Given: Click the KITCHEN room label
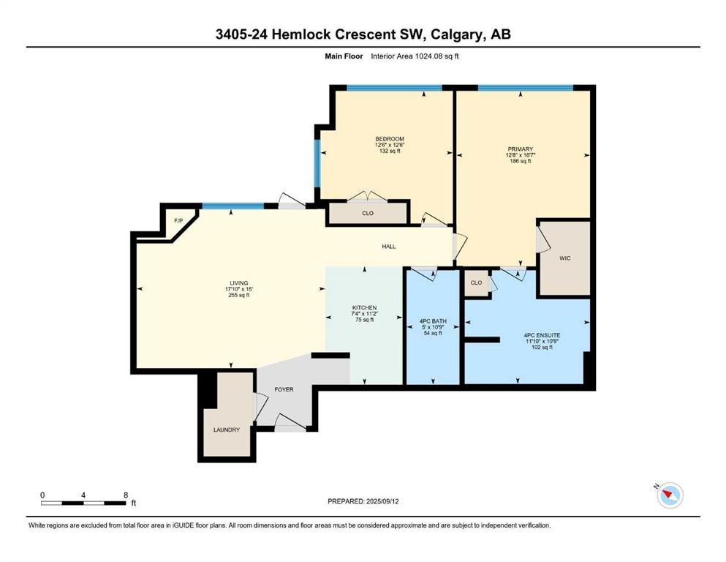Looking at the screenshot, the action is (x=364, y=307).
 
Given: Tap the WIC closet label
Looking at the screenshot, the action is (x=565, y=258).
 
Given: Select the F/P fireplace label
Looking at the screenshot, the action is (x=178, y=220).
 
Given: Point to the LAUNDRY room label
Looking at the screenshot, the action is (x=227, y=430).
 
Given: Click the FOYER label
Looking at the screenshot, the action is (x=284, y=389).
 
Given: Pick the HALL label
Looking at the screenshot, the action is (x=389, y=247).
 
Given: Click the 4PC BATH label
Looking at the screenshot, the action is (x=433, y=321).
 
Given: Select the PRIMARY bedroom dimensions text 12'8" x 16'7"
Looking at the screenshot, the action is (x=521, y=155).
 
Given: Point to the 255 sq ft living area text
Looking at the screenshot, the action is (x=239, y=295).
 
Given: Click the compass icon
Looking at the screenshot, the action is (x=670, y=495).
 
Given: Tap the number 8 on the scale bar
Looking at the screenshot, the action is (x=126, y=495).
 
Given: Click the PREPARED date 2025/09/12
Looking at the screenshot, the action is (x=382, y=501).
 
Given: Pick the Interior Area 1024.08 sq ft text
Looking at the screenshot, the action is (x=415, y=56).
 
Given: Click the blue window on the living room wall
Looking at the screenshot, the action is (x=233, y=206).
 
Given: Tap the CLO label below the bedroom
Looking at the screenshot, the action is (x=368, y=213).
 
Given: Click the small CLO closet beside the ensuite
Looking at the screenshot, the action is (x=477, y=282).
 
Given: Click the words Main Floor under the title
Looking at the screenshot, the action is (x=344, y=56).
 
